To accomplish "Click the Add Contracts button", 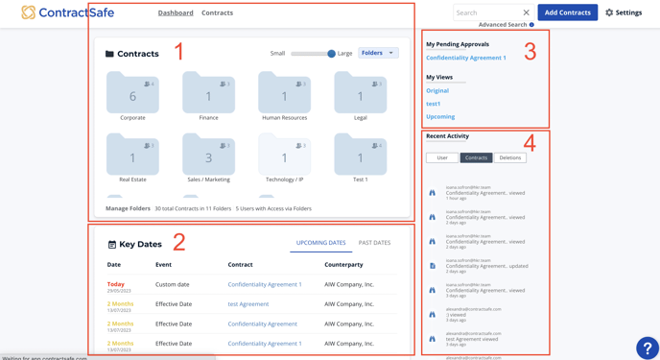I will coord(567,12).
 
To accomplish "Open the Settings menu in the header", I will coord(624,12).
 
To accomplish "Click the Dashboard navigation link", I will coord(176,13).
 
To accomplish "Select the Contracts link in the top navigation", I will coord(218,13).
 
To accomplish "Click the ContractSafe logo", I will coord(68,12).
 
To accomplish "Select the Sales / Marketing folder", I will coord(208,156).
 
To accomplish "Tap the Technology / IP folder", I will coord(284,156).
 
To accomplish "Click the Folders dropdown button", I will coord(378,53).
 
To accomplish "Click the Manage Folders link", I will coord(128,208).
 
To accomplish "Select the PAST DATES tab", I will coord(374,243).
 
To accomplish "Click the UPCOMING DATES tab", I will coord(320,243).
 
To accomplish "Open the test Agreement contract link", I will coord(248,304).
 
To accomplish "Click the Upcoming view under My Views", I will coord(440,116).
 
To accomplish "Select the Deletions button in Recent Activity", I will coord(510,157).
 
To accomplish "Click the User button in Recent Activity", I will coord(442,157).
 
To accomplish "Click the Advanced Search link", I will coord(503,25).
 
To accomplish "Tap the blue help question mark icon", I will coord(648,348).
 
